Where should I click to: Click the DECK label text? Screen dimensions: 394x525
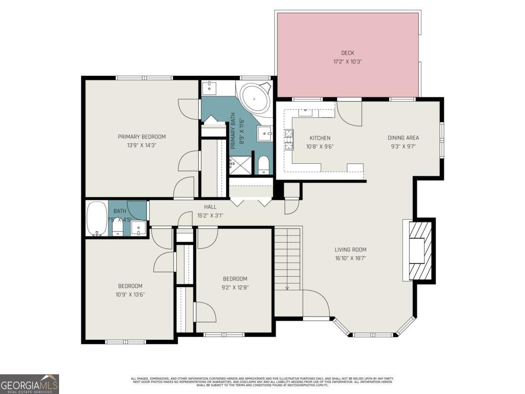pyautogui.click(x=348, y=53)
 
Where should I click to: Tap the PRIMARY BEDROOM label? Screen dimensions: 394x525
pyautogui.click(x=142, y=137)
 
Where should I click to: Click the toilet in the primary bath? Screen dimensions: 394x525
pyautogui.click(x=263, y=165)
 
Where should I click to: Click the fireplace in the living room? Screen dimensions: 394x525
pyautogui.click(x=418, y=250)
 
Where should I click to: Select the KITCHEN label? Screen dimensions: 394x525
pyautogui.click(x=320, y=138)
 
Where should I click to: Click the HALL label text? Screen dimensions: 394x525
pyautogui.click(x=210, y=207)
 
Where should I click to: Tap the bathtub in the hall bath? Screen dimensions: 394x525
pyautogui.click(x=94, y=218)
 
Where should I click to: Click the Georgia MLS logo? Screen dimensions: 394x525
pyautogui.click(x=29, y=384)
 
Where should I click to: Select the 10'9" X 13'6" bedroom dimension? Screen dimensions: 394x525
pyautogui.click(x=126, y=295)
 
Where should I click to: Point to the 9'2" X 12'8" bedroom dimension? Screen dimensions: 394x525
pyautogui.click(x=235, y=288)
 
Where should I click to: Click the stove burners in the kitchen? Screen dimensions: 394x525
pyautogui.click(x=289, y=140)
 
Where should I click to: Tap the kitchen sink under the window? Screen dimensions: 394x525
pyautogui.click(x=306, y=113)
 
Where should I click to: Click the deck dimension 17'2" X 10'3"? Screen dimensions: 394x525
pyautogui.click(x=348, y=62)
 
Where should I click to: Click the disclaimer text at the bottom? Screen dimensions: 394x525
pyautogui.click(x=262, y=381)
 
